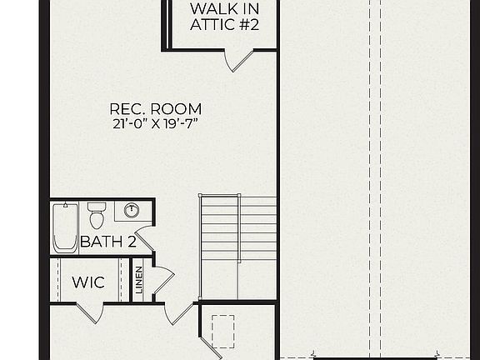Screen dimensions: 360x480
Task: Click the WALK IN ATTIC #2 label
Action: tap(224, 17)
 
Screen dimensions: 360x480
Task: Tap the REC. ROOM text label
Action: tap(156, 108)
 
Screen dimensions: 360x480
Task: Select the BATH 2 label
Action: tap(107, 242)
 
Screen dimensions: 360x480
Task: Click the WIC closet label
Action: tap(88, 282)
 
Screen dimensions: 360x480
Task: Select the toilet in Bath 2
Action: tap(97, 215)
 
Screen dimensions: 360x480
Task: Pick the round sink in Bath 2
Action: tap(131, 210)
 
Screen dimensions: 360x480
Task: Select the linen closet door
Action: tap(162, 280)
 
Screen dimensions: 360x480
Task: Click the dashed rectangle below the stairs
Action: tap(225, 331)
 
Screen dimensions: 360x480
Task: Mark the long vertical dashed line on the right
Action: tap(381, 167)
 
